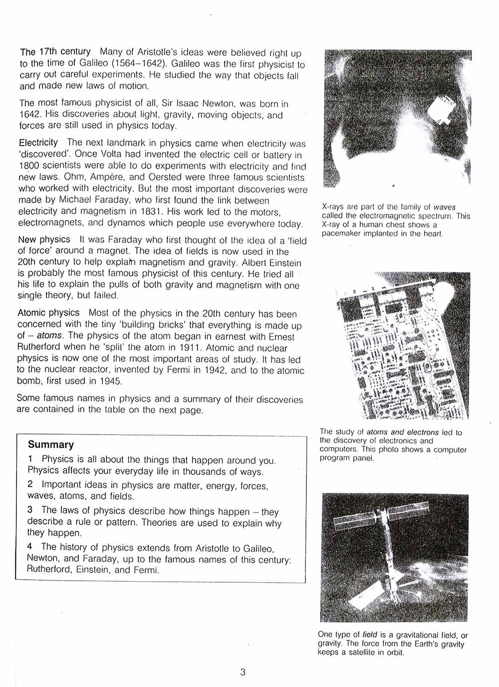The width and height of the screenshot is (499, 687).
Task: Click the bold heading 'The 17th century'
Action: coord(55,52)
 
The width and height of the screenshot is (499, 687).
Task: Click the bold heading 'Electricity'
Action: coord(38,143)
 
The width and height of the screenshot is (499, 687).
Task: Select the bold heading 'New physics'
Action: coord(44,240)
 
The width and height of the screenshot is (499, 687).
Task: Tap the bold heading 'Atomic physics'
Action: coord(48,313)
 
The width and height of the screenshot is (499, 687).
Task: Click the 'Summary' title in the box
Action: coord(51,445)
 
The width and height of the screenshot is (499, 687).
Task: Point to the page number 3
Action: coord(243,672)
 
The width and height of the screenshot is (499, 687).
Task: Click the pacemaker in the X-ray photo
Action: coord(441,111)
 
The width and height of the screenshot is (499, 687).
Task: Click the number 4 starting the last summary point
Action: coord(30,547)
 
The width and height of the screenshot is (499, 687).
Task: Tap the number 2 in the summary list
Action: coord(30,484)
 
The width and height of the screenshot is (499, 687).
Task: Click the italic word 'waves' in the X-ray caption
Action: coord(445,207)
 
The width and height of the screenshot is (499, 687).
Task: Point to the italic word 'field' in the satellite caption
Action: coord(369,635)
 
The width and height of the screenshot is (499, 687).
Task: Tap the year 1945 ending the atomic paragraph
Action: coord(111,381)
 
